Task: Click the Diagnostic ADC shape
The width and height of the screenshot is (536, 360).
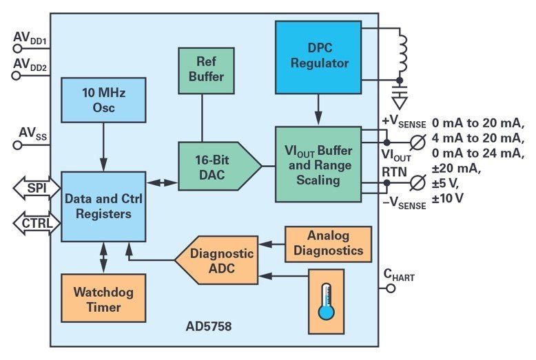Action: tap(218, 260)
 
